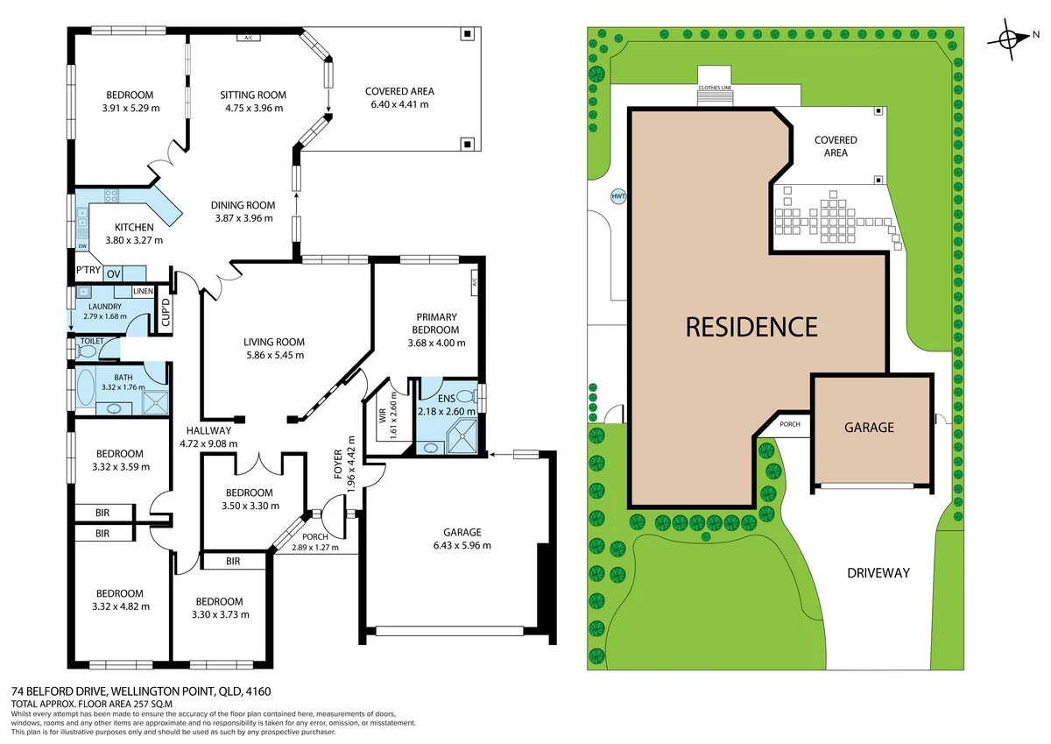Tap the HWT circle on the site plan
coord(618,196)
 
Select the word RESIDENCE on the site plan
coord(751,327)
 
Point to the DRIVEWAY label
coord(878,573)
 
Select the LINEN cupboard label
coord(143,291)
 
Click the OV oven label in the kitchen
coord(114,274)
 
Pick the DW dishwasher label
coord(82,246)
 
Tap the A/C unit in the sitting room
coord(248,38)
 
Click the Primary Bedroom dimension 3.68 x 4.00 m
coord(437,344)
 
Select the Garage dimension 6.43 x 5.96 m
coord(462,545)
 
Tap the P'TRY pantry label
coord(88,271)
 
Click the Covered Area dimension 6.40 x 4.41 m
coord(399,104)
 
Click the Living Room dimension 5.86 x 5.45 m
coord(274,355)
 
